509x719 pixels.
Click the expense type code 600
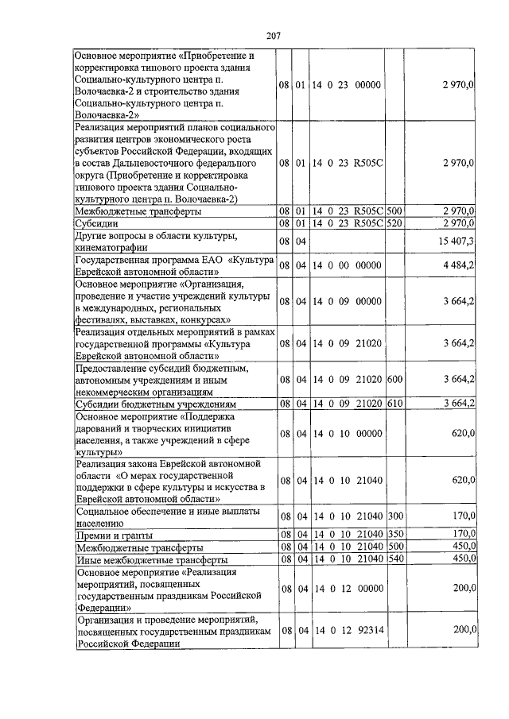click(394, 379)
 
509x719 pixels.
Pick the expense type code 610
click(394, 404)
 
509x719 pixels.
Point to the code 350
click(394, 534)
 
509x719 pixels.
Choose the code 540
click(394, 559)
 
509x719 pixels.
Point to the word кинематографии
click(115, 247)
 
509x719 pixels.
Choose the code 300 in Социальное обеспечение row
click(394, 516)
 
